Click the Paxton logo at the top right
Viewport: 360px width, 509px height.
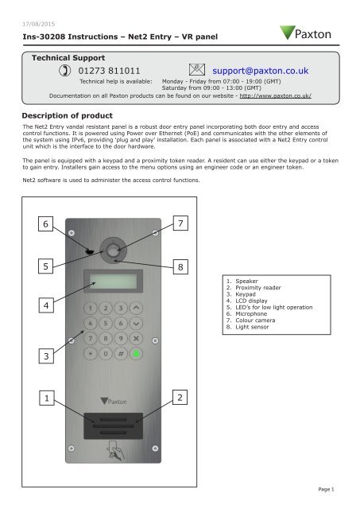(x=305, y=33)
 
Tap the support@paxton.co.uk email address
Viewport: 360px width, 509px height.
(x=261, y=71)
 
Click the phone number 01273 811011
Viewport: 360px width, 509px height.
(x=110, y=71)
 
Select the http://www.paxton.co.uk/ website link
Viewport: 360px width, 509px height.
(x=275, y=95)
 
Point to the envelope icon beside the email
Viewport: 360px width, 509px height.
(x=197, y=70)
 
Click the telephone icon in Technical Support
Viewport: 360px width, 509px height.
(x=65, y=71)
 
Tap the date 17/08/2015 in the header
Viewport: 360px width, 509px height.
(x=39, y=24)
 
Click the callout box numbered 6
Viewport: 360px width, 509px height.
(x=46, y=223)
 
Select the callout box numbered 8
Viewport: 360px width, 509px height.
(x=180, y=267)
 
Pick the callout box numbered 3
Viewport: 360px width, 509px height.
(x=46, y=356)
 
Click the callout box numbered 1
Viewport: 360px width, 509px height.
(x=47, y=398)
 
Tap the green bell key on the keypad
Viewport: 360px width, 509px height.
(x=136, y=353)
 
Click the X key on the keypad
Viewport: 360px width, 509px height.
(x=136, y=339)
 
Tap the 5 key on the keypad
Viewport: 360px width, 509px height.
(x=106, y=324)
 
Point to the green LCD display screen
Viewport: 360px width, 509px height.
(x=113, y=281)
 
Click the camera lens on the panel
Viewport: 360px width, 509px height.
(x=113, y=251)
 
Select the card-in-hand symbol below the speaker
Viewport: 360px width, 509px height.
(x=115, y=450)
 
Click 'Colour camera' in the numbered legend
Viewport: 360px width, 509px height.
(x=255, y=321)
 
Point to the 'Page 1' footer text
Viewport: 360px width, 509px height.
(x=326, y=489)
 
